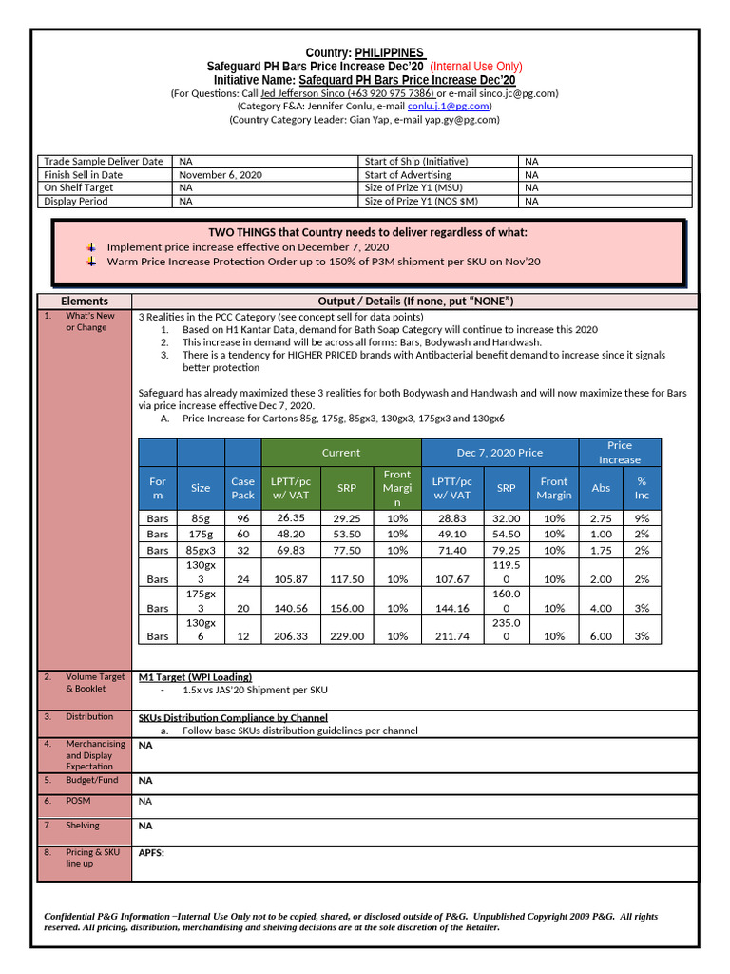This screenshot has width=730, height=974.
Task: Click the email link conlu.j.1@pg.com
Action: point(448,107)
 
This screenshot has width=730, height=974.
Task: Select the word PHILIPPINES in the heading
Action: point(389,52)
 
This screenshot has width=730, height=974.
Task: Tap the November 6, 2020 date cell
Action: point(221,175)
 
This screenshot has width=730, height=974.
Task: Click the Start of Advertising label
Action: point(408,175)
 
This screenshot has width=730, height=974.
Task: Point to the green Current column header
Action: point(340,453)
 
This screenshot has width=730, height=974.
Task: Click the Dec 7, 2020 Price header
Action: point(499,453)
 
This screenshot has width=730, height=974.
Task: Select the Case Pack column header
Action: point(242,488)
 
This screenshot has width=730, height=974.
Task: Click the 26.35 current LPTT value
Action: point(290,518)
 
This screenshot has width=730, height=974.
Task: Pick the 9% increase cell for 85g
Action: point(642,518)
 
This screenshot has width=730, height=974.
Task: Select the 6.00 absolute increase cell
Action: point(601,636)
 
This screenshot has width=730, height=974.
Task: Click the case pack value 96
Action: point(242,518)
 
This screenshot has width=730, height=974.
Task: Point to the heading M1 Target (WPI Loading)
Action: point(195,677)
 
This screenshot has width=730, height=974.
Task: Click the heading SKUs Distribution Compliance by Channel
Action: point(233,717)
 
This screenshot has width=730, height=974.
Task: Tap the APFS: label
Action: point(151,853)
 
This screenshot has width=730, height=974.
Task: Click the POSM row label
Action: point(78,801)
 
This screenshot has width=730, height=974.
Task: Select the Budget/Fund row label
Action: point(92,780)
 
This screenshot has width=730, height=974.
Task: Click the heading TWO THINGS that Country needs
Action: point(367,233)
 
